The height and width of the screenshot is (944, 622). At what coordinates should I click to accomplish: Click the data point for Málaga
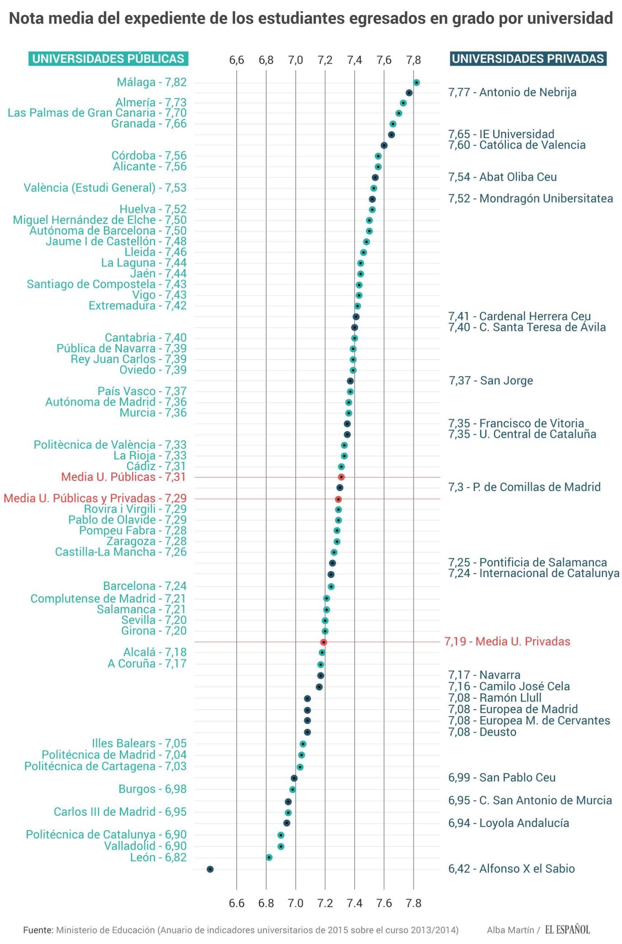(x=416, y=82)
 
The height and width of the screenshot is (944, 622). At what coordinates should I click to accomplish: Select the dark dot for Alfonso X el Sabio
(x=210, y=869)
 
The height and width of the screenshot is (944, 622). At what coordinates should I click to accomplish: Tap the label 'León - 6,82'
(x=158, y=858)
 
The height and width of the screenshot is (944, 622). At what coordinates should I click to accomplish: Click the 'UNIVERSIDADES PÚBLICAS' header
(x=108, y=59)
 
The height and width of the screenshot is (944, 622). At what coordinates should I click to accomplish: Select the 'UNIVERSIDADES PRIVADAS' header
(x=528, y=59)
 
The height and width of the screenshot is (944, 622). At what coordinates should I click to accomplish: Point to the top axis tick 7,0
(x=295, y=60)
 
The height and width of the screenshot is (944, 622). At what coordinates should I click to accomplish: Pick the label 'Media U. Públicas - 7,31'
(x=124, y=477)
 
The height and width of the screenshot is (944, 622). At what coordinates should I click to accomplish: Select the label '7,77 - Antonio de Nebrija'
(x=512, y=93)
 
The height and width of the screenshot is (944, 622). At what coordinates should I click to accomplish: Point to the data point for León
(x=269, y=858)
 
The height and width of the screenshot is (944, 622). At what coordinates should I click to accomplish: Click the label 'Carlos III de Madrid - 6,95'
(x=120, y=812)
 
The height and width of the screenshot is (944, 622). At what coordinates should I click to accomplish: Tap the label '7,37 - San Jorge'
(x=491, y=381)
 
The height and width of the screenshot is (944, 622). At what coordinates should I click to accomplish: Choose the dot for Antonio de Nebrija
(x=409, y=93)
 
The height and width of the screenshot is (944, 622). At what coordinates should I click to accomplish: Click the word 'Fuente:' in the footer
(x=38, y=930)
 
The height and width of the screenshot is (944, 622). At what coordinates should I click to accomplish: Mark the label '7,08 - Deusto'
(x=482, y=732)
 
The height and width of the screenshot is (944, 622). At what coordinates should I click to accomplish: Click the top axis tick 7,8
(x=413, y=60)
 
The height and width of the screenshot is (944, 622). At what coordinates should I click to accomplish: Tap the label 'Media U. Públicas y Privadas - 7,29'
(x=95, y=498)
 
